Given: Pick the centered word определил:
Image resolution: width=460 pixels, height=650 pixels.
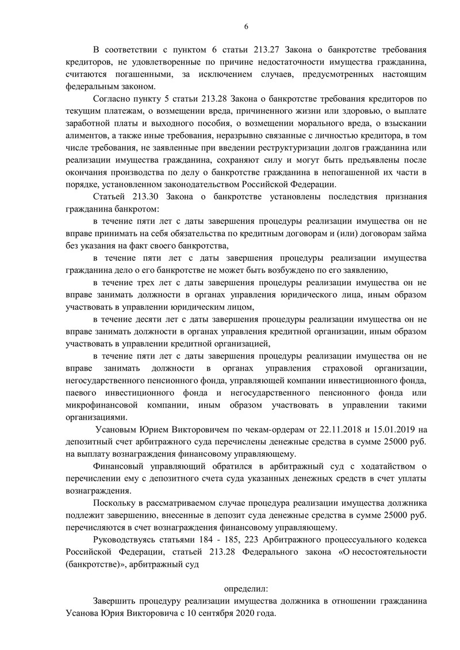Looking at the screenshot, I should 246,589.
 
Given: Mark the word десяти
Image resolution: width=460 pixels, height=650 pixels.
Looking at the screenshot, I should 155,320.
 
